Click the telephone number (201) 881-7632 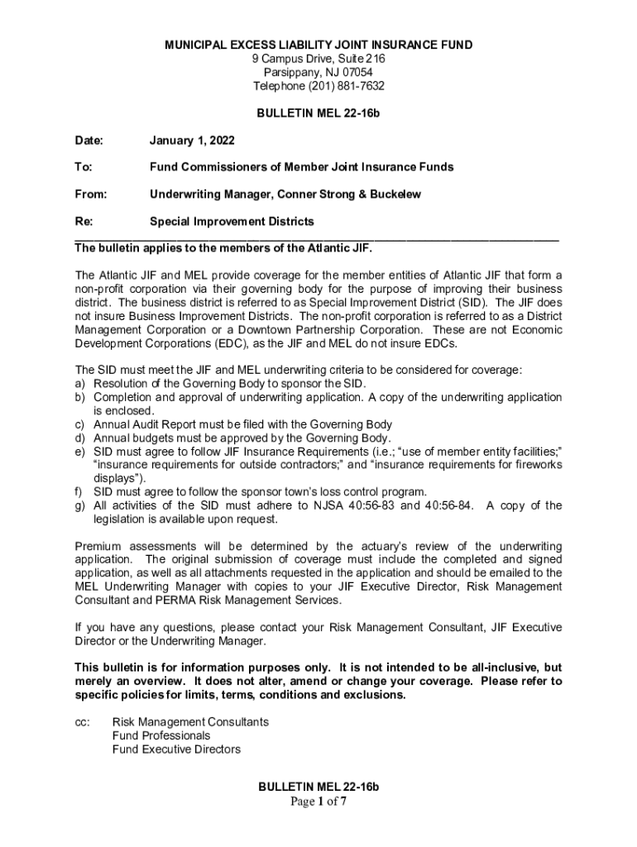(347, 86)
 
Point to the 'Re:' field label (84, 222)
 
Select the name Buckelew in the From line (395, 194)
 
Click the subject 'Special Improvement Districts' (232, 222)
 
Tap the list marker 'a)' (81, 384)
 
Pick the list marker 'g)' (81, 505)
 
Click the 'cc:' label (82, 722)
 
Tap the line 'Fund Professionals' (161, 735)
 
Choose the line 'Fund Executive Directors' (176, 749)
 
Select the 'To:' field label (84, 167)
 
